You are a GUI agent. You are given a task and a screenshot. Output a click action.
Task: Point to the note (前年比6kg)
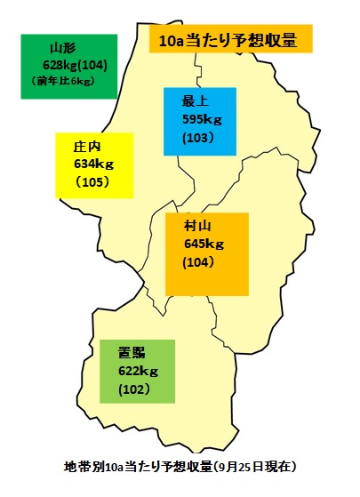[x=63, y=82]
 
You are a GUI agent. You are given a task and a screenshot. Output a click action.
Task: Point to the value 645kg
[x=204, y=244]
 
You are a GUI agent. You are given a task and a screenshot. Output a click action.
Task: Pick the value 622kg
[x=137, y=372]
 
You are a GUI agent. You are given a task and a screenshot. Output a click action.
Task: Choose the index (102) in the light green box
[x=132, y=389]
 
